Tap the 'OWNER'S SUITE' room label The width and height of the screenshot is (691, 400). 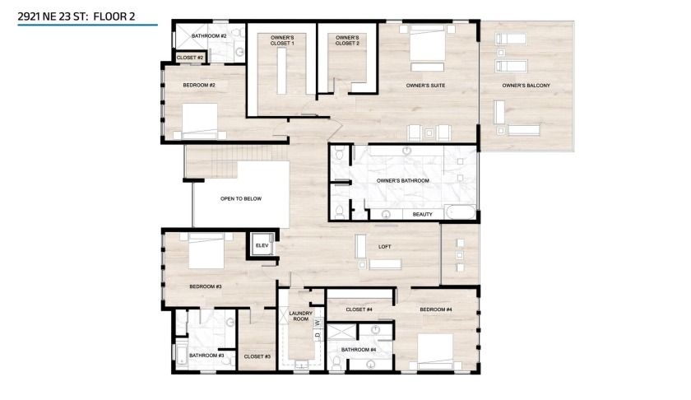pos(425,86)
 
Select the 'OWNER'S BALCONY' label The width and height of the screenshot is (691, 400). pos(526,86)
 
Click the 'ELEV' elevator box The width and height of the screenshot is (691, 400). pos(262,245)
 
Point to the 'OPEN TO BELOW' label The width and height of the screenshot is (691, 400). pos(240,198)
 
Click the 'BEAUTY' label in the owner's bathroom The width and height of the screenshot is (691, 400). pos(422,214)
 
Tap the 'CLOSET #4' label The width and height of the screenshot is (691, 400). pos(359,309)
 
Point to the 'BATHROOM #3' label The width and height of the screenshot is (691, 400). pos(206,356)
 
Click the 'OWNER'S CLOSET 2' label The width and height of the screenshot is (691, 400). pos(347,40)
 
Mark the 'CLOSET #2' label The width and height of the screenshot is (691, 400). pos(190,58)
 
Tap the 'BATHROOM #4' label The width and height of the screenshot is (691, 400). pos(359,349)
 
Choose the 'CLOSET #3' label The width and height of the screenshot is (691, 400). pos(257,356)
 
